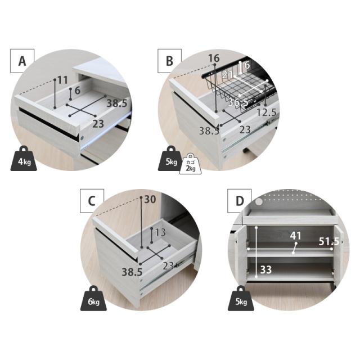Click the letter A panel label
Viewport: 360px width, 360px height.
click(22, 61)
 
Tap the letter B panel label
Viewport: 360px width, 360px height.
click(169, 61)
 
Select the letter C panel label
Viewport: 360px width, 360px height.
click(92, 201)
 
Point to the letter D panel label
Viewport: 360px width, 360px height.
click(240, 201)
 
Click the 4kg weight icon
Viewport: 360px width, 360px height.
click(24, 159)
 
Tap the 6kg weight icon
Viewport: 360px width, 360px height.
click(93, 298)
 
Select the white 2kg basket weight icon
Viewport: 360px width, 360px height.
click(190, 164)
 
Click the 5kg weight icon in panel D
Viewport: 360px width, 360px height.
click(241, 298)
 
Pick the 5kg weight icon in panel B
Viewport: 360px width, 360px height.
click(171, 159)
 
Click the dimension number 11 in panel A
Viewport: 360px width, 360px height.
click(62, 80)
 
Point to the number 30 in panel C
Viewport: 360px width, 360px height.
click(150, 199)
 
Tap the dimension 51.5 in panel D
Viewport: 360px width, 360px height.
click(328, 241)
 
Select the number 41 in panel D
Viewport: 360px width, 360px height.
click(295, 236)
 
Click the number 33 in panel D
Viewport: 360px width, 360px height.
click(266, 269)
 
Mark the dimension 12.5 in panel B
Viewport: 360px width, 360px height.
click(266, 112)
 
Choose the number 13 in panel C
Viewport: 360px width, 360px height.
click(160, 232)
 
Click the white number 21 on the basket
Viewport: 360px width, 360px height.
click(227, 75)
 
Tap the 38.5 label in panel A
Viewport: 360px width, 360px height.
click(116, 103)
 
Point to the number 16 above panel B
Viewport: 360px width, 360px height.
click(214, 58)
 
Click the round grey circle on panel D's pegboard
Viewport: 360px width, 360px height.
click(259, 202)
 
